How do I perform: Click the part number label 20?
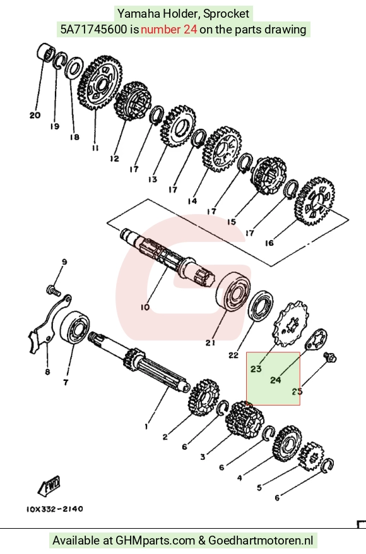(x=35, y=115)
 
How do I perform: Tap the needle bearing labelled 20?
(x=45, y=52)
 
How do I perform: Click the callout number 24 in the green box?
(x=275, y=380)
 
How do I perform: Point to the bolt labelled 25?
(x=331, y=357)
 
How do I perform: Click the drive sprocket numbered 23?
(x=290, y=325)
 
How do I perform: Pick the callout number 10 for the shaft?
(x=145, y=308)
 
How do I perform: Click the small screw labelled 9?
(x=53, y=290)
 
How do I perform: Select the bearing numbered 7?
(x=74, y=327)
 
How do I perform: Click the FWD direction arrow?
(x=49, y=486)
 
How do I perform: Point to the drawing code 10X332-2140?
(x=55, y=509)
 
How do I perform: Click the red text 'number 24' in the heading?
(x=168, y=29)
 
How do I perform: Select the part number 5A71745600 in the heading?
(x=93, y=29)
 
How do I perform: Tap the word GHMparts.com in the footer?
(x=155, y=541)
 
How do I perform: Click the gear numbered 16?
(x=314, y=202)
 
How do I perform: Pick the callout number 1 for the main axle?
(x=146, y=427)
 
